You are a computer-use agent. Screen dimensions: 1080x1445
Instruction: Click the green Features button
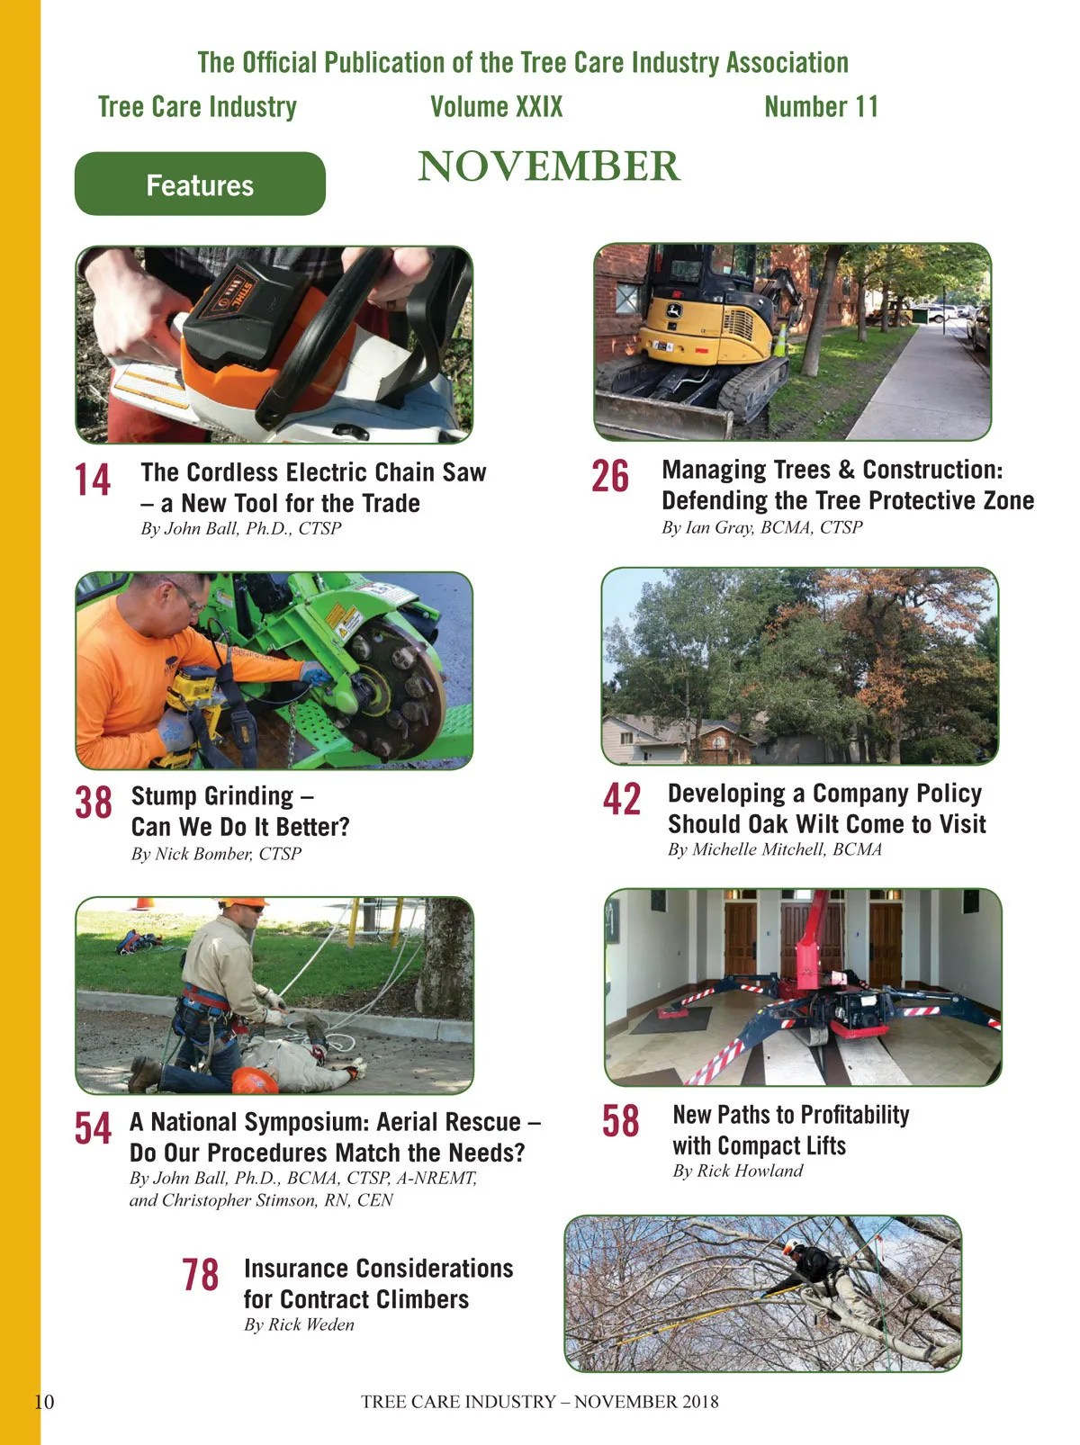coord(200,184)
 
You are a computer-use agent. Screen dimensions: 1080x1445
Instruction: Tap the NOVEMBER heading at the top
coord(549,166)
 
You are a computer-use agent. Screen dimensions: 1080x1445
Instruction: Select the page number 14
coord(92,480)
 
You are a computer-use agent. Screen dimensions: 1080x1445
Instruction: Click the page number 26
coord(610,476)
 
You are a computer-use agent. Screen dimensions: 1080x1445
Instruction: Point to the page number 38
coord(94,803)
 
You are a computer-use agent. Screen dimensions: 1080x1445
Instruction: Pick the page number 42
coord(622,799)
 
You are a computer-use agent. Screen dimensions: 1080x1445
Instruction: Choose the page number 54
coord(93,1128)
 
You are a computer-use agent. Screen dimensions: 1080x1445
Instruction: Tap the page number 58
coord(620,1121)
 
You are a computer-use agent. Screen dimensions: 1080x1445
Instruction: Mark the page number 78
coord(200,1275)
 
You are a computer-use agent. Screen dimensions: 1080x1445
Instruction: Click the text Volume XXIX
coord(497,107)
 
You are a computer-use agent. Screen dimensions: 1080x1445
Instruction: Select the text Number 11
coord(821,107)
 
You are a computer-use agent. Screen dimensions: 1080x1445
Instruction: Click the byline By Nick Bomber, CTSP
coord(216,853)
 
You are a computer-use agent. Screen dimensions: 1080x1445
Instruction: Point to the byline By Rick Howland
coord(738,1170)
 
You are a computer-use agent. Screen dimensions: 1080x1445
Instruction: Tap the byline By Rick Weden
coord(299,1324)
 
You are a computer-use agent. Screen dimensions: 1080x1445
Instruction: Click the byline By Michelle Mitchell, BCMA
coord(774,849)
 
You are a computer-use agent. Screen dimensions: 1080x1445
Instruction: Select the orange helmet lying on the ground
coord(255,1081)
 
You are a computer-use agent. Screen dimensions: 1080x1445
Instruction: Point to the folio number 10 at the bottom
coord(44,1402)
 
